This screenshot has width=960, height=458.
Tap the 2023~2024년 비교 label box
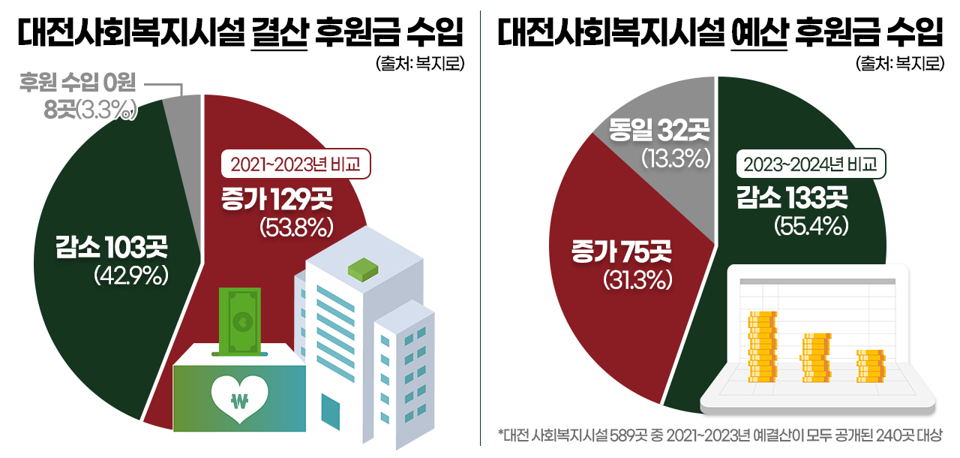[x=809, y=164]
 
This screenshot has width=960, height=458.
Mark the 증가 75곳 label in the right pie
[x=622, y=252]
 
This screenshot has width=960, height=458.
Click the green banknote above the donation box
[x=239, y=320]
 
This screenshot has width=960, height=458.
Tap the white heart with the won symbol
[x=240, y=398]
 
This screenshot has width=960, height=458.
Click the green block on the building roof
[x=367, y=268]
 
